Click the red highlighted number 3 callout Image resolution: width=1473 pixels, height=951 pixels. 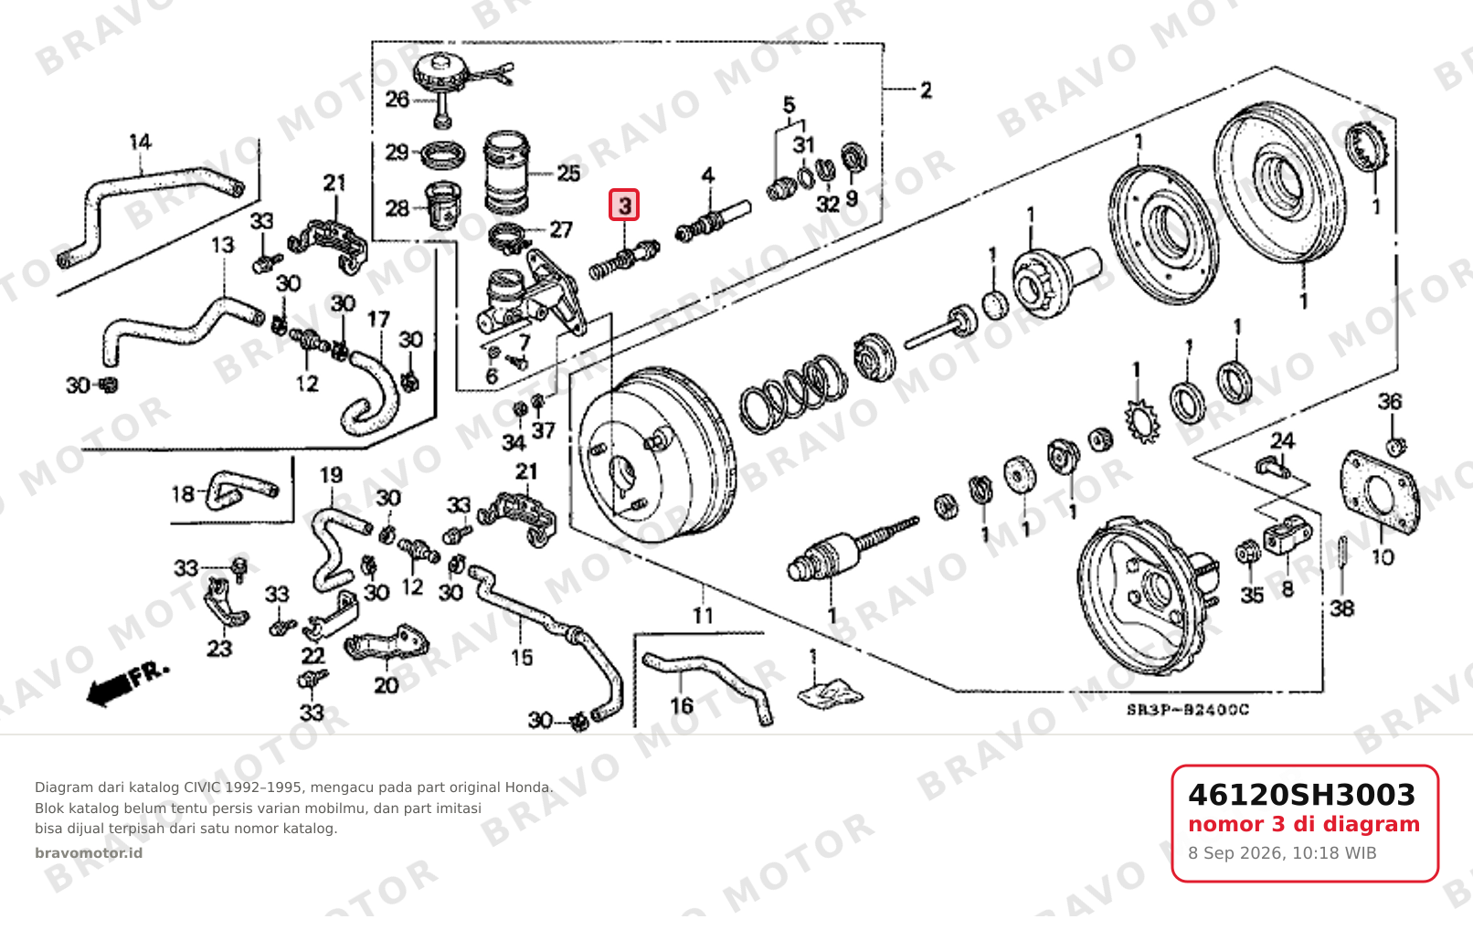624,205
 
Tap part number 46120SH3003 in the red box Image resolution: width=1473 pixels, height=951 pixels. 1301,795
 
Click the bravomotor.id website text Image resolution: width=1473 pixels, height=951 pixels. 89,853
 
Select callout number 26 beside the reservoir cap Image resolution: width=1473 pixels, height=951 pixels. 397,100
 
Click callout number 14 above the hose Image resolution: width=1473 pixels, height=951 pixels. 140,142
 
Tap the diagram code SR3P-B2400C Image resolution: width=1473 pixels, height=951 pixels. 1188,710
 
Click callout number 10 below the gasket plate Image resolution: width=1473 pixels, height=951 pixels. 1383,557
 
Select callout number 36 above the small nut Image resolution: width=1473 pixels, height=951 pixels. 1390,401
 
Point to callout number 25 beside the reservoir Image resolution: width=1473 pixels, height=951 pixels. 568,174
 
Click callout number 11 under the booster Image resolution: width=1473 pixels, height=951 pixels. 703,616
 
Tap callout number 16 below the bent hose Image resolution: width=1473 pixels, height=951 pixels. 682,706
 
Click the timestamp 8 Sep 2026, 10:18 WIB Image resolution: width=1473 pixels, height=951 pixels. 1282,853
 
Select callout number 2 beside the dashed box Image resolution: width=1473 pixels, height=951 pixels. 926,90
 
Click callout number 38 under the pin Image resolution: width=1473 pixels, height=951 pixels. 1342,608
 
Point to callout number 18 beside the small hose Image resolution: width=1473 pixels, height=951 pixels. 184,493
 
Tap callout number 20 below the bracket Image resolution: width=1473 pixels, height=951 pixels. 386,685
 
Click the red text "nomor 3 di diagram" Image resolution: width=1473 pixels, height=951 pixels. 1304,825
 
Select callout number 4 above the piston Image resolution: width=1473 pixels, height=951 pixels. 707,175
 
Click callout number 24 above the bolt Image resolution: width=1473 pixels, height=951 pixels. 1282,440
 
